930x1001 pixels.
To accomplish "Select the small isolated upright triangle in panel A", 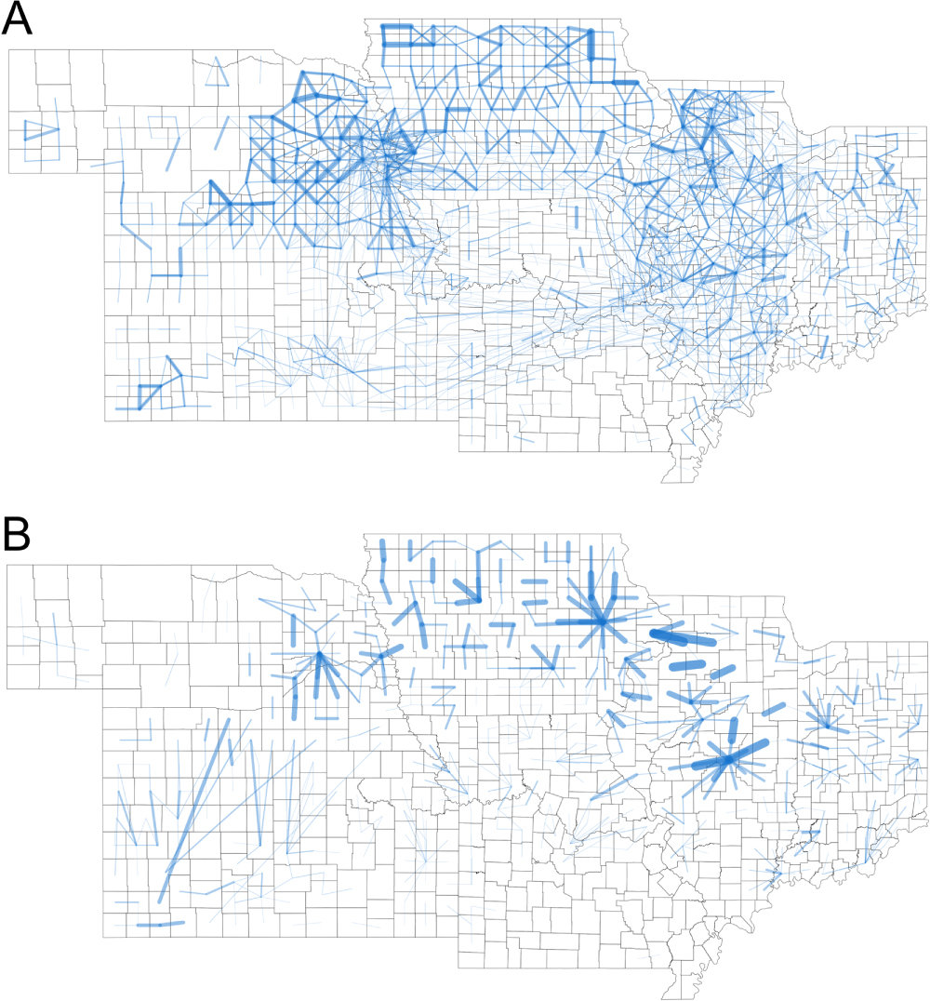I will tap(216, 73).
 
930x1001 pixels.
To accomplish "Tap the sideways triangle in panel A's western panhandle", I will tap(37, 130).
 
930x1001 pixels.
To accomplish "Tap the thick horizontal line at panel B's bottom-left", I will tap(161, 924).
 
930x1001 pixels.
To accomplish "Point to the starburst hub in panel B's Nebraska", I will tap(319, 655).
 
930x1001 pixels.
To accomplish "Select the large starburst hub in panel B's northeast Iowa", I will tap(601, 621).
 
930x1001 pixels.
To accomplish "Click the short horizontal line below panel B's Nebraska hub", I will tap(326, 718).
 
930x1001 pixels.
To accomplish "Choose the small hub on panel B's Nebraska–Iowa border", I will tap(380, 656).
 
